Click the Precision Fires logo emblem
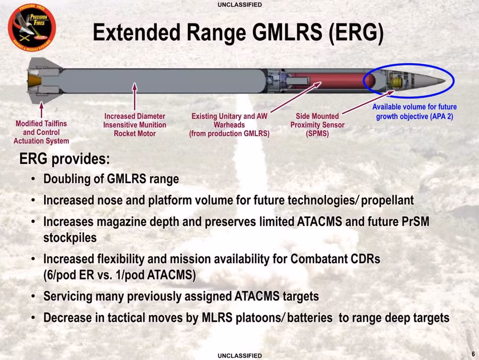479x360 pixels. tap(32, 28)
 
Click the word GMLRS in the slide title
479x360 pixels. tap(287, 32)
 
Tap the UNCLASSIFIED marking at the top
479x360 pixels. tap(240, 5)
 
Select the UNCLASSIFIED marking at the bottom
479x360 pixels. tap(240, 356)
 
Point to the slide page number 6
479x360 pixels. tap(473, 354)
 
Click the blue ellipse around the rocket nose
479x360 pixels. tap(409, 64)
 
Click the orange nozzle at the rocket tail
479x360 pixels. tap(34, 80)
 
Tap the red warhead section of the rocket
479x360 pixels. tap(332, 81)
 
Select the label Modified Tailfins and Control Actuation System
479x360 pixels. tap(41, 132)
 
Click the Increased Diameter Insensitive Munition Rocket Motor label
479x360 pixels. tap(135, 125)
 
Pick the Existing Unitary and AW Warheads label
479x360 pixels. tap(229, 125)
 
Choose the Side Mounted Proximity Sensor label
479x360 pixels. tap(317, 125)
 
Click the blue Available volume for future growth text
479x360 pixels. tap(415, 112)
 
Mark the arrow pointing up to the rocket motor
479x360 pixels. tap(135, 96)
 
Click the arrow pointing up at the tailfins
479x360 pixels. tap(42, 110)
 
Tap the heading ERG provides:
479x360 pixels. tap(64, 159)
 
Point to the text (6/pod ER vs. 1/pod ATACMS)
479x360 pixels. tap(119, 275)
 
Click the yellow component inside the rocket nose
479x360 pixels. tap(397, 81)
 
